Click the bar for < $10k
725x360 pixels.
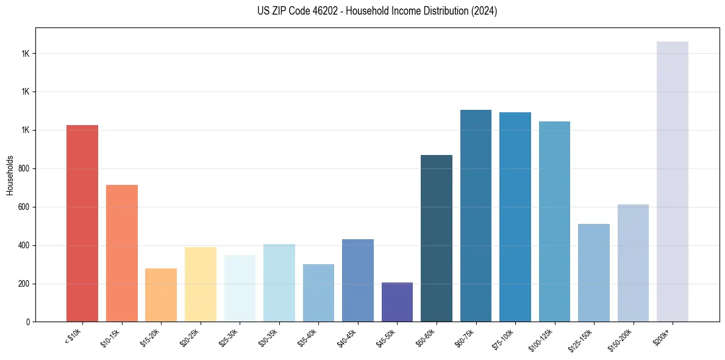(82, 223)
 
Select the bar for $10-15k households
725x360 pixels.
(122, 253)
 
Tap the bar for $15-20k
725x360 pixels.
(161, 295)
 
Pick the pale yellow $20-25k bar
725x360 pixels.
(201, 284)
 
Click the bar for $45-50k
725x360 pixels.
(397, 302)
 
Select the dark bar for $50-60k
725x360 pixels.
(437, 238)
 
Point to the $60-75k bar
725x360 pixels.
(476, 215)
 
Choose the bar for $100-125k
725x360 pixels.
(554, 221)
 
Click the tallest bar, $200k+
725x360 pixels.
(673, 181)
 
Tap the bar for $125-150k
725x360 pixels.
(594, 273)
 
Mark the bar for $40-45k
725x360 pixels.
(358, 280)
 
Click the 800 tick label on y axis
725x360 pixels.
(24, 169)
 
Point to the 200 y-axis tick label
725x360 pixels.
(24, 284)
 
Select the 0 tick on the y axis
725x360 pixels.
(28, 322)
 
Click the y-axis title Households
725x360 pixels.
(10, 175)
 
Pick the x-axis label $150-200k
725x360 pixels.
(621, 339)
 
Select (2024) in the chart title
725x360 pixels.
(484, 11)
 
